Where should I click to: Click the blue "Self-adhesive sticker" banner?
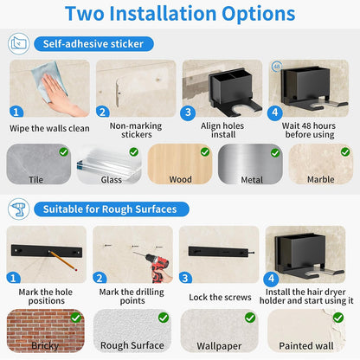point(93,44)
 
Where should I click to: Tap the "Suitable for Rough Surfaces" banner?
point(112,209)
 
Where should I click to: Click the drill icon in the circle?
point(19,209)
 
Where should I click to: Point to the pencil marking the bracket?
point(62,260)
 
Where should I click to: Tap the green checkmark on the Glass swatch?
point(134,152)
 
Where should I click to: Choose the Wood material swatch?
point(180,164)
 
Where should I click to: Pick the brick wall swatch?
point(46,331)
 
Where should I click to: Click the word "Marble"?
point(321,179)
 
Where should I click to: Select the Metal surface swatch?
point(250,164)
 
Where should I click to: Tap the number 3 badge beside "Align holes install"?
point(188,112)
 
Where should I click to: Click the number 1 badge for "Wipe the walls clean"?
point(16,112)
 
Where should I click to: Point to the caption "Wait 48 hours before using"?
point(309,130)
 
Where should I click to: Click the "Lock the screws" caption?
point(220,297)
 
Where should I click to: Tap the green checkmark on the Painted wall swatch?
point(338,318)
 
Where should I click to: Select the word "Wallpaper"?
point(219,346)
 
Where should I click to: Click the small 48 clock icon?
point(276,67)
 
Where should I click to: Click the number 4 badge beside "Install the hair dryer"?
point(271,279)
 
